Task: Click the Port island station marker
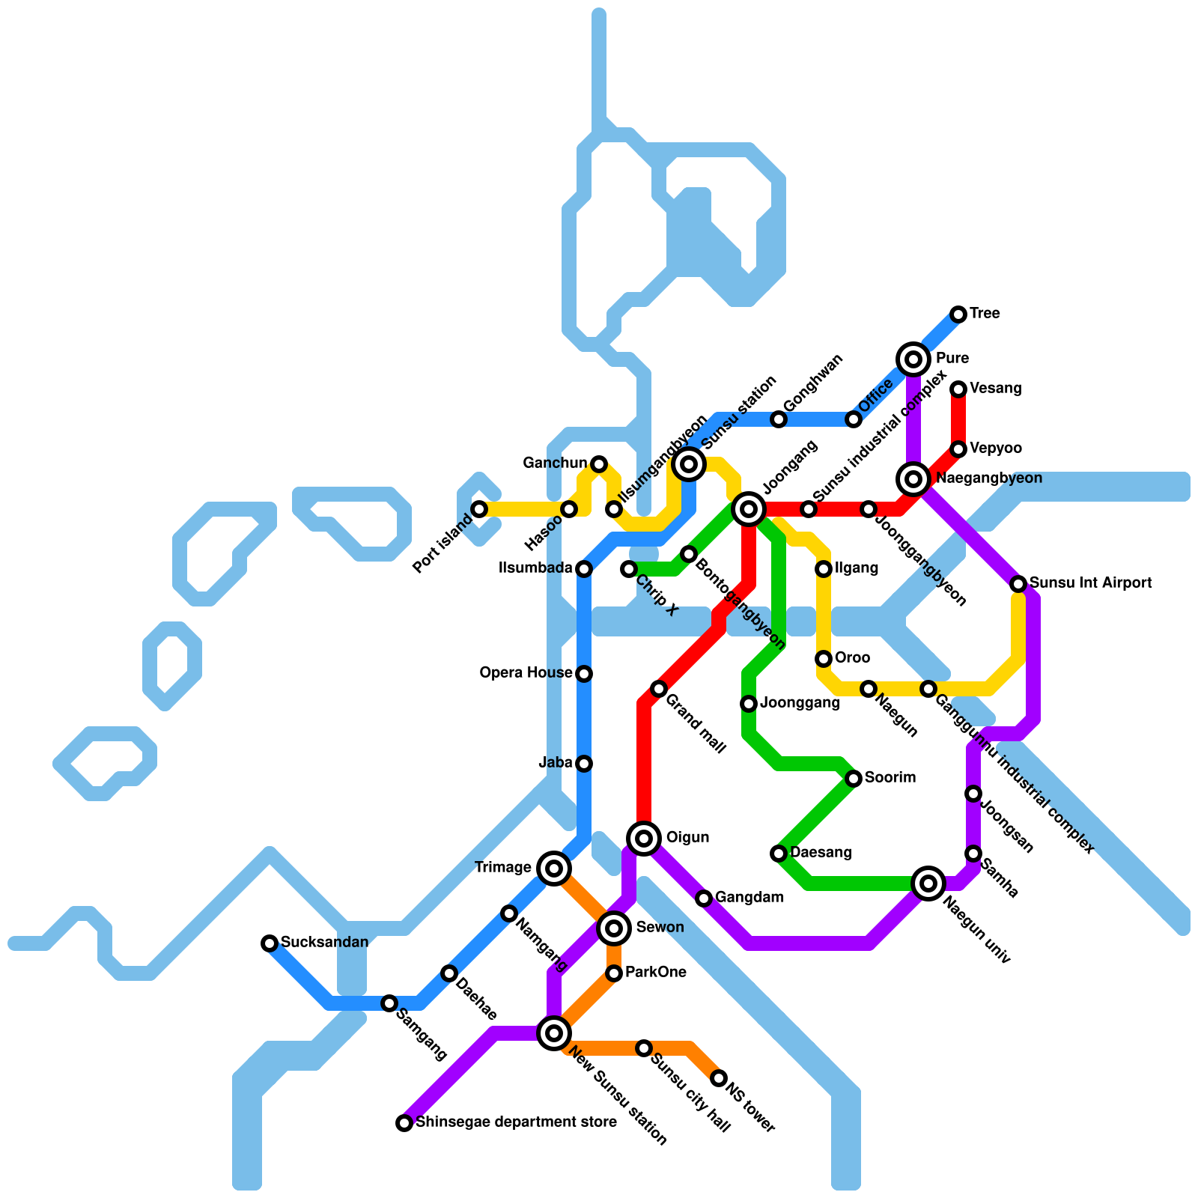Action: point(479,509)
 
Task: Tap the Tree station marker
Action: point(958,314)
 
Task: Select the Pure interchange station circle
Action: point(913,359)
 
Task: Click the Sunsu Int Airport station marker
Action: point(1018,584)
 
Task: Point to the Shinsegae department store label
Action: point(516,1122)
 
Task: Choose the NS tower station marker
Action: point(719,1078)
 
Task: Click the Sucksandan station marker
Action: point(270,943)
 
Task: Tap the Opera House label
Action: point(526,673)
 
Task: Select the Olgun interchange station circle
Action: point(644,838)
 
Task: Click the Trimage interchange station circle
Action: point(554,869)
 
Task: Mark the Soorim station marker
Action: point(854,779)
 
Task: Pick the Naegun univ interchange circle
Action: point(928,884)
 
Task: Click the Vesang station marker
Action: point(958,389)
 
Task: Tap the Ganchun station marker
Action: point(599,464)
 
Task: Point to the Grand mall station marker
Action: point(659,689)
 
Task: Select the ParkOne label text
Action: point(655,973)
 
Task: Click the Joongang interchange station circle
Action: point(749,509)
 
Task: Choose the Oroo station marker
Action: point(824,659)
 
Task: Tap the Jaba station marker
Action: point(584,764)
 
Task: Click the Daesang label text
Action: point(821,853)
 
